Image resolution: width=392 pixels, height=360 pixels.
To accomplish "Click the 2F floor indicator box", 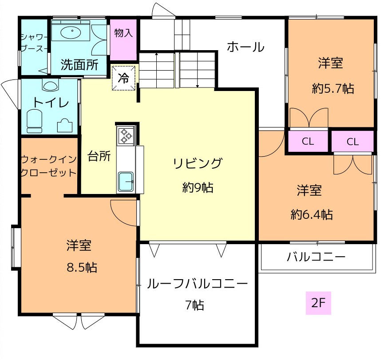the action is pyautogui.click(x=318, y=303).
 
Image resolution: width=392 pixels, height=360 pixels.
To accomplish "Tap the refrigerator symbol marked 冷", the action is pyautogui.click(x=123, y=78).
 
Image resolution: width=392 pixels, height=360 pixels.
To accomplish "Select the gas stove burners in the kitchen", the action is pyautogui.click(x=126, y=136).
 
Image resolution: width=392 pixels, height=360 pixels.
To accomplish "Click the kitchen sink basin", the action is pyautogui.click(x=126, y=181).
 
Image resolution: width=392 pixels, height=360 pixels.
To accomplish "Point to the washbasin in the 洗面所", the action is pyautogui.click(x=71, y=32).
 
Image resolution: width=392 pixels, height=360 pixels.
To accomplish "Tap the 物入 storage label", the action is pyautogui.click(x=123, y=33).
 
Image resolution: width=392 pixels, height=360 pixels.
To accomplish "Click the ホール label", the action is pyautogui.click(x=245, y=47).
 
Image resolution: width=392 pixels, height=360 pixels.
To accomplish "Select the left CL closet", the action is pyautogui.click(x=308, y=141).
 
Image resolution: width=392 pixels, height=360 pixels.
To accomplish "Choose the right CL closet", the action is pyautogui.click(x=353, y=142).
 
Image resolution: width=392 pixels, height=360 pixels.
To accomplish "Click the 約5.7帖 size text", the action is pyautogui.click(x=333, y=88).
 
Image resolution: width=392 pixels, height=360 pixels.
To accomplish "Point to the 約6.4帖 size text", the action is pyautogui.click(x=312, y=214).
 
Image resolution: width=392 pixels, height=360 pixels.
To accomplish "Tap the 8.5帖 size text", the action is pyautogui.click(x=82, y=268).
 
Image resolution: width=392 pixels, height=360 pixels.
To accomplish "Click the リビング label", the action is pyautogui.click(x=198, y=163).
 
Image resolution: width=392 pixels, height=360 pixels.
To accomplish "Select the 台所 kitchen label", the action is pyautogui.click(x=99, y=156).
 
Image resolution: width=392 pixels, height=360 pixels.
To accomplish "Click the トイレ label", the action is pyautogui.click(x=51, y=103).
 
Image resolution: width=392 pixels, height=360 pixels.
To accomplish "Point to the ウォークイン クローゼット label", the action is pyautogui.click(x=48, y=166).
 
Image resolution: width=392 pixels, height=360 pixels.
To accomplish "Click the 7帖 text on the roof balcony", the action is pyautogui.click(x=194, y=305).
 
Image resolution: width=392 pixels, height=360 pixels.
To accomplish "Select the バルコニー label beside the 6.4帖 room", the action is pyautogui.click(x=316, y=257).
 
